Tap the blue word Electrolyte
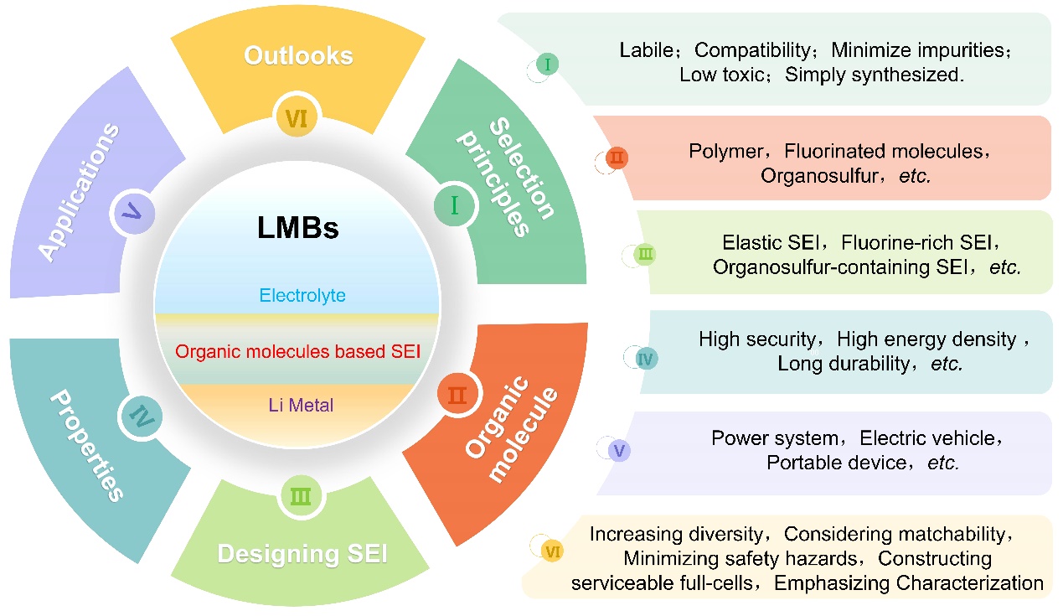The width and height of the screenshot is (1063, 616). [302, 295]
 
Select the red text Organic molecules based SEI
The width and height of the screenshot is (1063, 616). [297, 351]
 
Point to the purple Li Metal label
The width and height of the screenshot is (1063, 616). [300, 406]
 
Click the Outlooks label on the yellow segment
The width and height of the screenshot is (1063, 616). [298, 56]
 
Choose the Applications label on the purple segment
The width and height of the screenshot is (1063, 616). [80, 192]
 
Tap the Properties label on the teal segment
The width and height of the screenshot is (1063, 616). [85, 443]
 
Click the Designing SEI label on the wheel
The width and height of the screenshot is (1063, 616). [302, 554]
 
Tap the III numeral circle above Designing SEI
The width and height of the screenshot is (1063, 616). [299, 495]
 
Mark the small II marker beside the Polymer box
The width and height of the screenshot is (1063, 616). [616, 158]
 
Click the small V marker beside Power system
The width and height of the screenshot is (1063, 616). [619, 451]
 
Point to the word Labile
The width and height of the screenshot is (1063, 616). [646, 50]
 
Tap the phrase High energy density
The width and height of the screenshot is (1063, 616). [926, 339]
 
